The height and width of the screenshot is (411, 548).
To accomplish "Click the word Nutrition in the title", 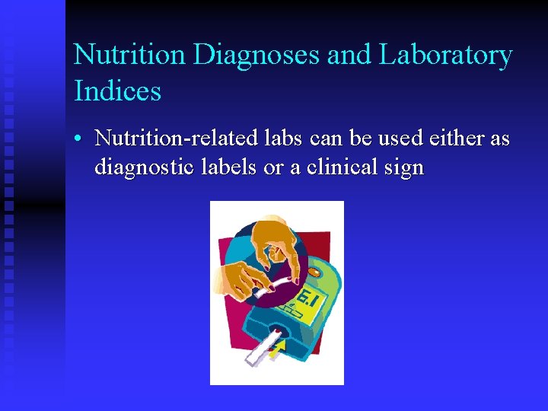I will tap(129, 55).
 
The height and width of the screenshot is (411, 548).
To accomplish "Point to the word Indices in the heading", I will tap(117, 91).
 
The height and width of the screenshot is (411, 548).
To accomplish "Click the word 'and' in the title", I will tap(355, 55).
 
